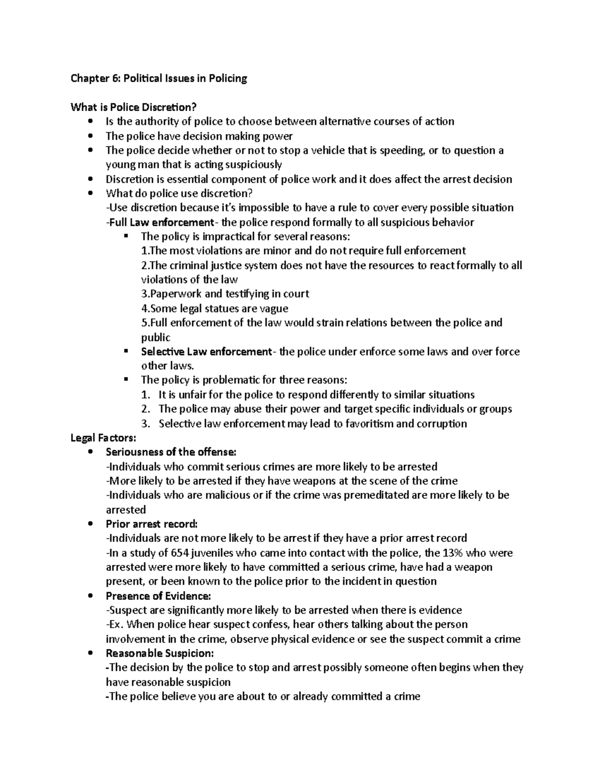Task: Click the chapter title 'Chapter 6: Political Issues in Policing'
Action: pos(159,79)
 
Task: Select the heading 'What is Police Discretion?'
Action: pos(134,107)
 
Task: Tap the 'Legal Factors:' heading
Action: pos(103,438)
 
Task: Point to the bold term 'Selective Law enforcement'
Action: pos(206,352)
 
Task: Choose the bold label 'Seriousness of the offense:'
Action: pos(170,452)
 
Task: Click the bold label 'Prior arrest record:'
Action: pos(152,524)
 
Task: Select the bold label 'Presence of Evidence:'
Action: pos(158,596)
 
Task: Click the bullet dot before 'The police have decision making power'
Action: pos(90,136)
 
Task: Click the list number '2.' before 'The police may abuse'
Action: pos(146,409)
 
